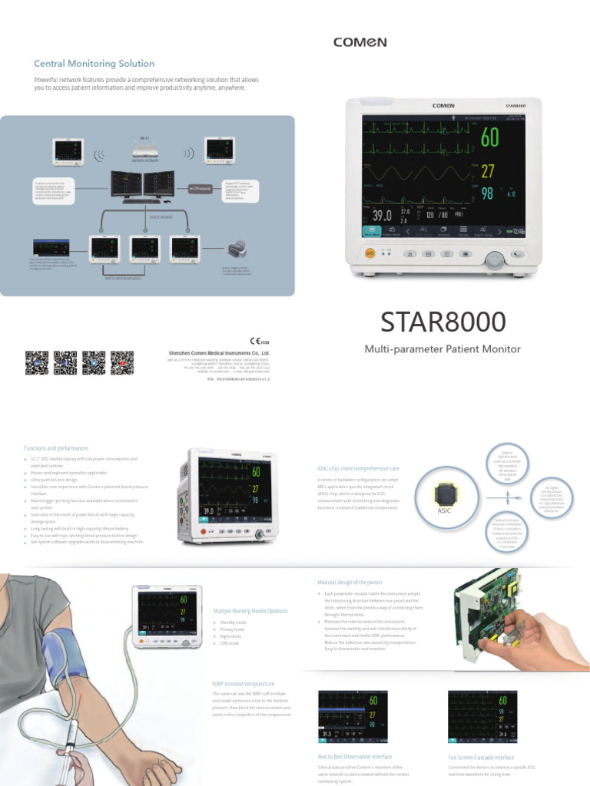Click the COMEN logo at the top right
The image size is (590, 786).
click(x=360, y=43)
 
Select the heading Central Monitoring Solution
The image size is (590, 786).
click(x=94, y=64)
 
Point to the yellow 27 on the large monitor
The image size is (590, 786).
click(x=488, y=170)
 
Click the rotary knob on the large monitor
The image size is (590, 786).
click(x=496, y=259)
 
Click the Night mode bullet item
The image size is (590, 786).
click(x=230, y=636)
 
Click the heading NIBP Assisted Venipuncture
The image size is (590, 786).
click(x=243, y=682)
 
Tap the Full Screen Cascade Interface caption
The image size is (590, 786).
click(x=482, y=757)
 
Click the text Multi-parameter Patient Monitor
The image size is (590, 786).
click(x=442, y=349)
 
